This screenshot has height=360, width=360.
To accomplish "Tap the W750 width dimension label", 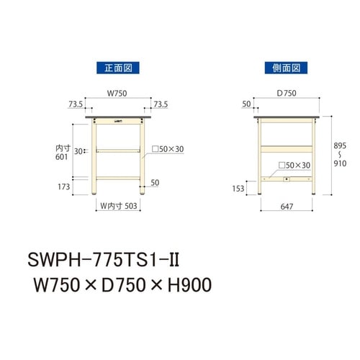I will click(x=117, y=93).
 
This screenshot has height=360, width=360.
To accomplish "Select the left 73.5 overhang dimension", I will click(x=76, y=104).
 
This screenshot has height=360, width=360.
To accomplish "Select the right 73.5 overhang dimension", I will click(x=161, y=104).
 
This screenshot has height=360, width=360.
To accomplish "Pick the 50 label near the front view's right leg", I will click(x=155, y=183).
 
